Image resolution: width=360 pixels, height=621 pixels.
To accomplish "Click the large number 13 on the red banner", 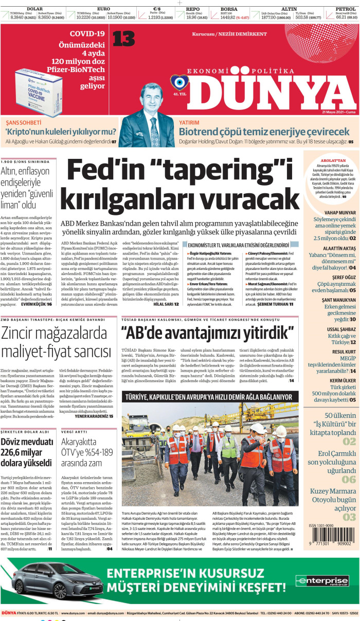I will (x=123, y=39).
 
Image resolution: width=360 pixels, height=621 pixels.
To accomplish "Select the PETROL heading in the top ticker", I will (x=346, y=9).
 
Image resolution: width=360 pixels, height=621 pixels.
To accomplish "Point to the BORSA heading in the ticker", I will (x=229, y=9).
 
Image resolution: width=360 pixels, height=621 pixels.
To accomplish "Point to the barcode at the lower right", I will (x=331, y=538).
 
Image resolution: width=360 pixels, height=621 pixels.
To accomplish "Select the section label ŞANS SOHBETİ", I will (x=23, y=123).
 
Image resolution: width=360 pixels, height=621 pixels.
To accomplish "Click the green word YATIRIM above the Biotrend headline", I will (x=189, y=123).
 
